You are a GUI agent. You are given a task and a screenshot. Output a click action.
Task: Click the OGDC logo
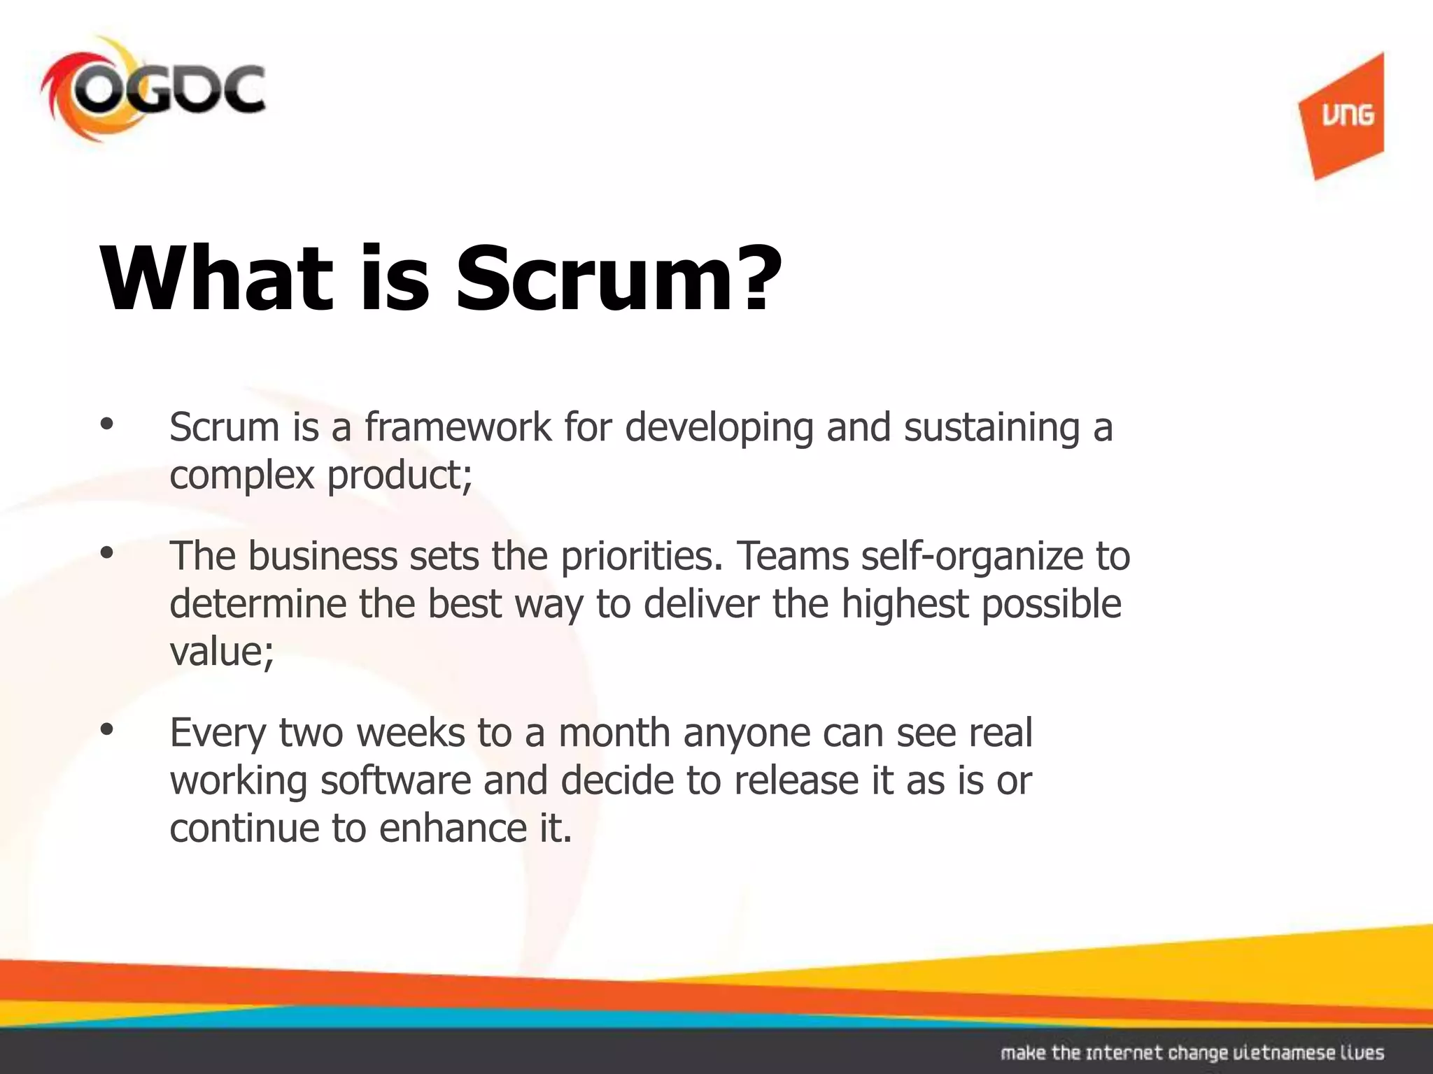coord(153,91)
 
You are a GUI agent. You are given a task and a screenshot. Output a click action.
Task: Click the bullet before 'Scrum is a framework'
coord(106,424)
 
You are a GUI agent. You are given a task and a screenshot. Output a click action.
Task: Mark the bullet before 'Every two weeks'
coord(106,730)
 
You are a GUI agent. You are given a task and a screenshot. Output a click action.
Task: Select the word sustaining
coord(991,428)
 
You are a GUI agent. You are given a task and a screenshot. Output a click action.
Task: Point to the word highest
coord(904,604)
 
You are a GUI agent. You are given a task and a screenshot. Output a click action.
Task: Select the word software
coord(396,780)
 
